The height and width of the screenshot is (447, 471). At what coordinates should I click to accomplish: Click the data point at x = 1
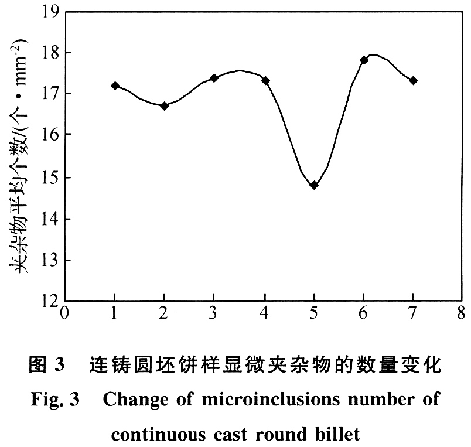coord(115,86)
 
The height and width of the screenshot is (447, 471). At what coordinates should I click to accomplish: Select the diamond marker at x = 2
coord(165,106)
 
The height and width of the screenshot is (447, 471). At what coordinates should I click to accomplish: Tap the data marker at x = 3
coord(214,77)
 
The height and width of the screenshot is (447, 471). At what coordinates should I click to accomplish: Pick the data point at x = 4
coord(265,80)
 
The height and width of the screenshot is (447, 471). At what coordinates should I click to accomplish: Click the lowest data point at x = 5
coord(314,185)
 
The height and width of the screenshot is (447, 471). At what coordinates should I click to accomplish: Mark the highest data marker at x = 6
coord(364,60)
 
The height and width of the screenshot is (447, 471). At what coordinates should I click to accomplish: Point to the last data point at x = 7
coord(413,80)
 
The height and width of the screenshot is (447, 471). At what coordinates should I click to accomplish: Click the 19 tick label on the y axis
coord(51,11)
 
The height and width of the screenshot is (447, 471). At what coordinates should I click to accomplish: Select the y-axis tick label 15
coord(51,178)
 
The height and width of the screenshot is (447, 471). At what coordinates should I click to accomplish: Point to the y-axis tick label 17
coord(51,94)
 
